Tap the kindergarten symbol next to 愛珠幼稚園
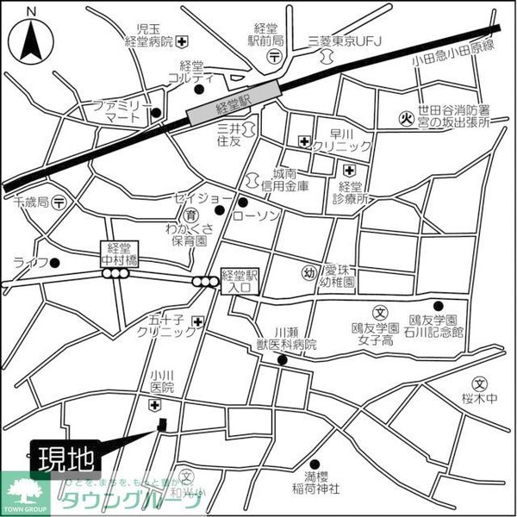(x=308, y=274)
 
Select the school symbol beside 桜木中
(x=479, y=383)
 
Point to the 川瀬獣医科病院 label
(x=283, y=338)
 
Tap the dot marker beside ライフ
(x=54, y=263)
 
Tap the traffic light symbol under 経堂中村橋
(x=115, y=274)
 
